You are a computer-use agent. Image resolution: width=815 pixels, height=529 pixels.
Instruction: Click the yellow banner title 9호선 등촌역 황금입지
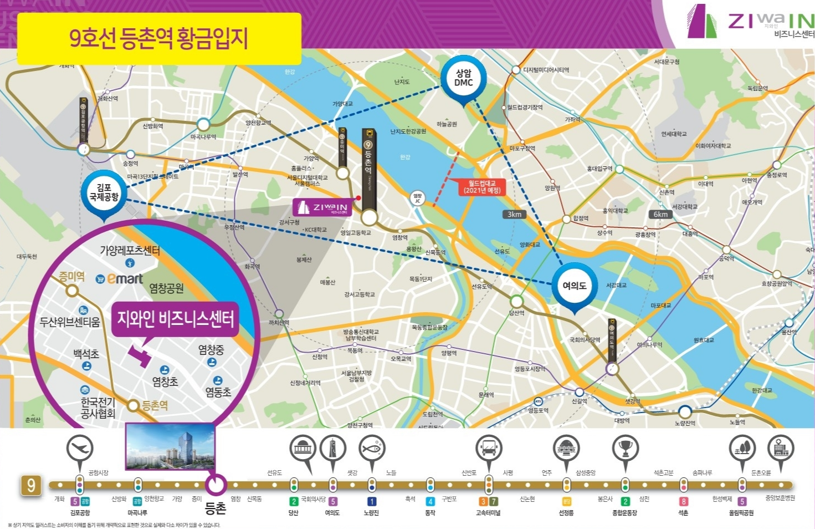point(159,38)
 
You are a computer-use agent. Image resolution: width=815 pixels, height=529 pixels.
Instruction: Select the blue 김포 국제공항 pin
point(104,192)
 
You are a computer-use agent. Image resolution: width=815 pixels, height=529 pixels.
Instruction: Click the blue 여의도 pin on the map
point(575,286)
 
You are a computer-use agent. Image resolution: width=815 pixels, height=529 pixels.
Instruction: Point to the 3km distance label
point(514,214)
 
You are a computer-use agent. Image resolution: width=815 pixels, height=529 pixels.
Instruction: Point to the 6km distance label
point(660,214)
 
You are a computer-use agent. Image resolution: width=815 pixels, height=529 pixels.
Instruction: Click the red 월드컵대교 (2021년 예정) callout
point(482,186)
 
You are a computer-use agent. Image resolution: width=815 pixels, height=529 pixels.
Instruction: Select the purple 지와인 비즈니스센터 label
point(175,319)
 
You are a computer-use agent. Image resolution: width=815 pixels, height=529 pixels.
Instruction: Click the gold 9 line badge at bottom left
point(32,486)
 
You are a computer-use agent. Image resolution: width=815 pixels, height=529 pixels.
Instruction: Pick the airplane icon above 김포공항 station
point(80,448)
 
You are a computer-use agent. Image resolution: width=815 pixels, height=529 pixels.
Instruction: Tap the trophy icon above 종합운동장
point(626,447)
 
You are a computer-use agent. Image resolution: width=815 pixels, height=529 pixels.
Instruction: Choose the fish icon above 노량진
point(372,447)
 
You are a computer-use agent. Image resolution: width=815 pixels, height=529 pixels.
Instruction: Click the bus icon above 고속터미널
point(489,447)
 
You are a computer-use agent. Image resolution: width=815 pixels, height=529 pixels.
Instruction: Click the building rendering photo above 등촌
point(170,447)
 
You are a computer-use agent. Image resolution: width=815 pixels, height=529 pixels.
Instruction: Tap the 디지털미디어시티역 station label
point(546,70)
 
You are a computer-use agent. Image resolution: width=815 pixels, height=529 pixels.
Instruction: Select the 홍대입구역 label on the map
point(599,169)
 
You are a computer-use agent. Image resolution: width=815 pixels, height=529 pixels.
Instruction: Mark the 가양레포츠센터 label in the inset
point(130,251)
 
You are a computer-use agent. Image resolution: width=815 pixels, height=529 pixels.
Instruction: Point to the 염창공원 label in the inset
point(166,288)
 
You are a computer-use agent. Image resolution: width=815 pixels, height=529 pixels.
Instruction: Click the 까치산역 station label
point(279,322)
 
